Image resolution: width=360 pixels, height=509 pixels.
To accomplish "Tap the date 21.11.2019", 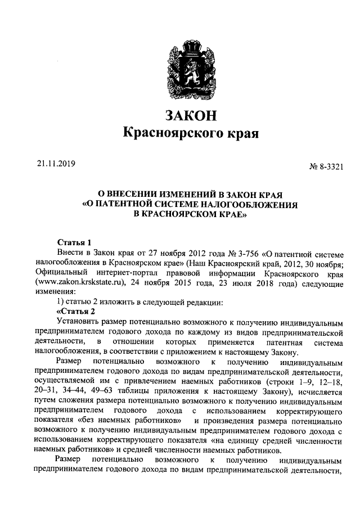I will tap(56, 164).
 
